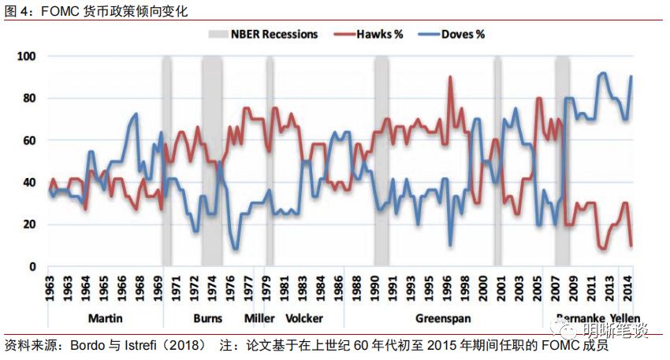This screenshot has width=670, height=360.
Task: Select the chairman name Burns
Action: point(207,319)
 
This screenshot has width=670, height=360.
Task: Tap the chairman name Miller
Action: point(259,319)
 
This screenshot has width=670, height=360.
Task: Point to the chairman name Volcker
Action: point(303,319)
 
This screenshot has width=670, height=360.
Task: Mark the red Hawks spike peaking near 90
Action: point(450,77)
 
